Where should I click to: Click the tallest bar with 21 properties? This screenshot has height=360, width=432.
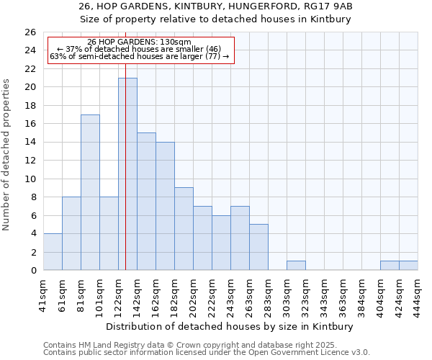[127, 174]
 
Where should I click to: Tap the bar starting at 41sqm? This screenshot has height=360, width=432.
[53, 251]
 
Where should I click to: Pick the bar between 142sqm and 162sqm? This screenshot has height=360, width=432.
[146, 201]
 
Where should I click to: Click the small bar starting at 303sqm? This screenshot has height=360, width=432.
[296, 265]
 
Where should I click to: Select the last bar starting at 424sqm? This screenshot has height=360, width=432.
[408, 265]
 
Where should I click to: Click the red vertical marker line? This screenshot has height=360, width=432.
[125, 144]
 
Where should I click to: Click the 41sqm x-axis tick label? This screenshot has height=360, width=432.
[43, 294]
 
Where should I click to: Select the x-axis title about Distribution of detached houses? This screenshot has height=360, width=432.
[230, 326]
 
